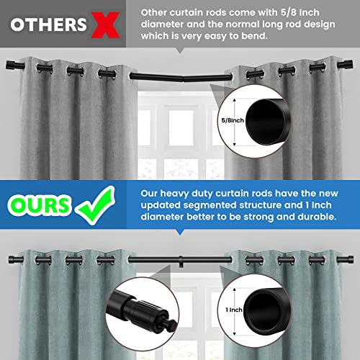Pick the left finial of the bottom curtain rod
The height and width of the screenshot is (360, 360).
click(12, 256)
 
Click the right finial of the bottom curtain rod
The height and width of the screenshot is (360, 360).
click(347, 256)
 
